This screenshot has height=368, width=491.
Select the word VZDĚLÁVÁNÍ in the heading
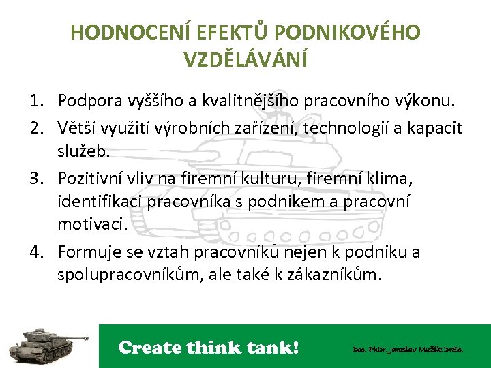pyautogui.click(x=245, y=59)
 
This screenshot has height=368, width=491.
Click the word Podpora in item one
pyautogui.click(x=89, y=102)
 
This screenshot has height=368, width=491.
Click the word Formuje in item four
pyautogui.click(x=87, y=252)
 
